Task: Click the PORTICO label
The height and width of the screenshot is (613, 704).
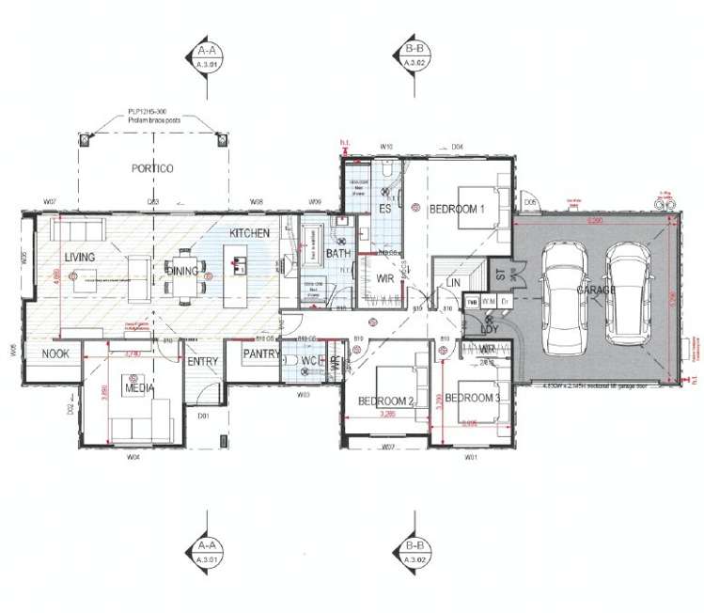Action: tap(151, 168)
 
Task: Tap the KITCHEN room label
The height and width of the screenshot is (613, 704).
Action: tap(250, 232)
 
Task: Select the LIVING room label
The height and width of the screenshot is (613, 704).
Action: tap(81, 257)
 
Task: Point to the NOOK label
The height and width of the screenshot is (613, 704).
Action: tap(53, 354)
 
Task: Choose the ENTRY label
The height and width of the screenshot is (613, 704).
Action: tap(202, 361)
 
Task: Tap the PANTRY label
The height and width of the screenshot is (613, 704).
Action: tap(257, 354)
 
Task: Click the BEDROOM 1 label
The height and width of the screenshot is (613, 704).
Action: tap(457, 209)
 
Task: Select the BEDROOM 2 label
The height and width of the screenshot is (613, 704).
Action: tap(386, 401)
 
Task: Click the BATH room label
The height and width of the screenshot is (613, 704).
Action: tap(337, 254)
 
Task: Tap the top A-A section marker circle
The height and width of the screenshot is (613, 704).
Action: tap(206, 57)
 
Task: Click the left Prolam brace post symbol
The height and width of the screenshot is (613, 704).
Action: tap(85, 140)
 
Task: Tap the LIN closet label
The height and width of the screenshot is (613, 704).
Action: tap(454, 281)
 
